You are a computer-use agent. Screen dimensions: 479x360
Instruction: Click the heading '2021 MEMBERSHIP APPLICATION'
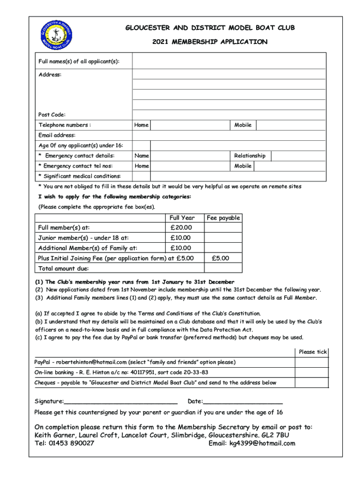[x=210, y=42]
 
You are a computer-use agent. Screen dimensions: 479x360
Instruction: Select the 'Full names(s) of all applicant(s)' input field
[x=229, y=61]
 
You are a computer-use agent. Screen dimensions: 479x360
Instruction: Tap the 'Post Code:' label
[x=52, y=115]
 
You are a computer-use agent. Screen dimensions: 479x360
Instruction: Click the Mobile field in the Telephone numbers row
[x=290, y=125]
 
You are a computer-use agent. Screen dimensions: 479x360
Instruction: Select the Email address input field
[x=229, y=135]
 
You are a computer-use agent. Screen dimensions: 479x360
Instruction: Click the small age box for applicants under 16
[x=141, y=145]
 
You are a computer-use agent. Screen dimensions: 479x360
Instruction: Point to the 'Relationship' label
[x=250, y=156]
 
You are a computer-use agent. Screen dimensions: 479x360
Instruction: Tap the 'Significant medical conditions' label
[x=82, y=176]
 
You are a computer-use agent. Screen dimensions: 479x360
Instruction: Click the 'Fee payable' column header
[x=223, y=218]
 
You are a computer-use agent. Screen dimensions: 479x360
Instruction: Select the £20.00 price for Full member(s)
[x=180, y=228]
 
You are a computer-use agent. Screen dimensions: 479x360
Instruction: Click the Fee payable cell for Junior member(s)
[x=223, y=238]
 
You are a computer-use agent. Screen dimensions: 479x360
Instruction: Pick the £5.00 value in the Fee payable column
[x=220, y=258]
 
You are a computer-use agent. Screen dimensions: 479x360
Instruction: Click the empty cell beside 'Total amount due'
[x=223, y=269]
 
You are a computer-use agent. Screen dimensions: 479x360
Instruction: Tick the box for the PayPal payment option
[x=311, y=362]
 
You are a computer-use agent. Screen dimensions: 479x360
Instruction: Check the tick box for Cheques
[x=311, y=382]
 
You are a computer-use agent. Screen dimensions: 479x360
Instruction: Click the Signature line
[x=121, y=401]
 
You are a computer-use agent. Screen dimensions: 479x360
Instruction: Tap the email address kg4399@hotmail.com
[x=262, y=443]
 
